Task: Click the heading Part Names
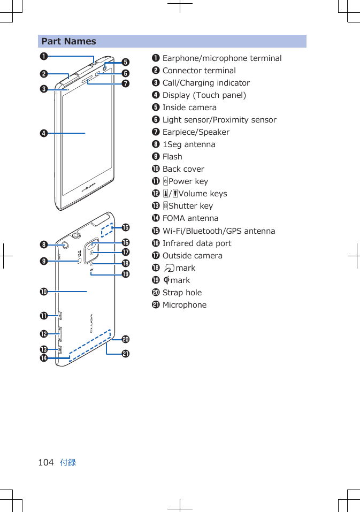pos(69,41)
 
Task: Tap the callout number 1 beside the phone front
pos(41,56)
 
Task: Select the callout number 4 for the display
pos(41,133)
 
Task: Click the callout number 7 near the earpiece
pos(125,83)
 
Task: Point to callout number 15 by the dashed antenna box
pos(126,228)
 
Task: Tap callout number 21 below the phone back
pos(125,354)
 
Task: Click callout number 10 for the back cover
pos(41,292)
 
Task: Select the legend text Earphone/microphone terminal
pos(221,58)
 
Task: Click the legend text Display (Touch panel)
pos(204,95)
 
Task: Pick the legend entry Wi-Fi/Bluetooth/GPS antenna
pos(218,231)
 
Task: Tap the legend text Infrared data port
pos(196,243)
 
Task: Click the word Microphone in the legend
pos(184,305)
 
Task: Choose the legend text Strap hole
pos(182,293)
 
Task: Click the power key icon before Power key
pos(165,181)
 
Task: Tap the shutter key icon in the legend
pos(165,206)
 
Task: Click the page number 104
pos(46,462)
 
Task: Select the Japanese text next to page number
pos(68,462)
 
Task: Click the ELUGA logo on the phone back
pos(91,324)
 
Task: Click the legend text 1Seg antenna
pos(188,144)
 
